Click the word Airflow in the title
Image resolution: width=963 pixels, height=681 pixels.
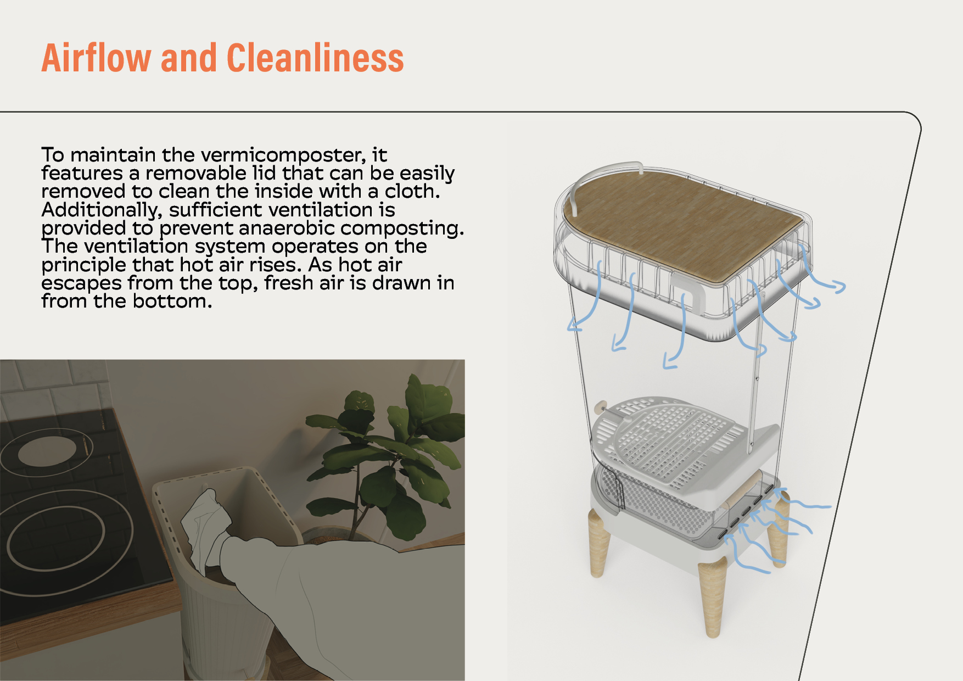(97, 58)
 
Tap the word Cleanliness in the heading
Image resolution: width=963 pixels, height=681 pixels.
(315, 58)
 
